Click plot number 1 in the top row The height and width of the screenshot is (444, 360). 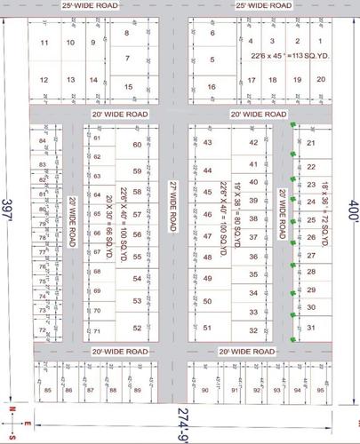coord(296,42)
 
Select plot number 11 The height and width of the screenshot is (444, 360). coord(44,43)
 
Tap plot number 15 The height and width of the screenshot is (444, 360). coord(130,86)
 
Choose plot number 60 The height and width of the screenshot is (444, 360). coord(137,145)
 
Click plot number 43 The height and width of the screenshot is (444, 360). coord(208,142)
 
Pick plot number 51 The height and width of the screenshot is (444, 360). coord(208,328)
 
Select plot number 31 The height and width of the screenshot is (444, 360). coord(311,328)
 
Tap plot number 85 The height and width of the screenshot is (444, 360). coord(46,390)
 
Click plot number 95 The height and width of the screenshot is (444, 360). coord(320,390)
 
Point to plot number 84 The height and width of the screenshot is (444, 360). coord(41,141)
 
